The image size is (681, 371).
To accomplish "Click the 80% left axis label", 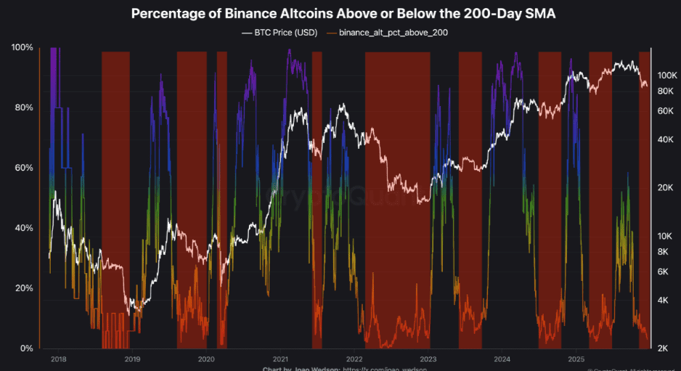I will (22, 108).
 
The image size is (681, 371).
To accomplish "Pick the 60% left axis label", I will (22, 168).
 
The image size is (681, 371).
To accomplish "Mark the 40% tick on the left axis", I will (22, 229).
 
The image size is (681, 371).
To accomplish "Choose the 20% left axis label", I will (22, 289).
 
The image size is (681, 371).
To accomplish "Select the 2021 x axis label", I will (280, 359).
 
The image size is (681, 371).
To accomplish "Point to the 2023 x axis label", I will (428, 359).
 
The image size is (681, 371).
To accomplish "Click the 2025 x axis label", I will (576, 359).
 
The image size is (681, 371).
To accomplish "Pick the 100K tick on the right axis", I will (667, 76).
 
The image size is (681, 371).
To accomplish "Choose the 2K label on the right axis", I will (663, 349).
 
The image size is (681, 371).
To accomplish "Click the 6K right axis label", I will (663, 272).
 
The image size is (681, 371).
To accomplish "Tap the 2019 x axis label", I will (132, 359).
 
